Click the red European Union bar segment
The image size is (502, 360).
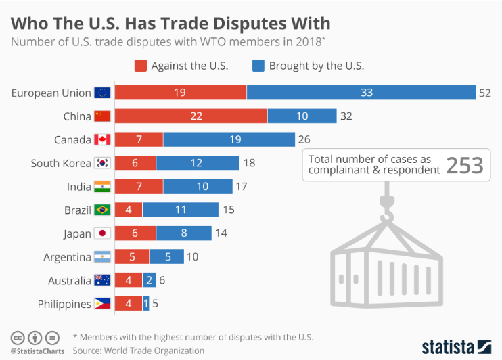tap(180, 93)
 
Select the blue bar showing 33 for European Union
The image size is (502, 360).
tap(361, 93)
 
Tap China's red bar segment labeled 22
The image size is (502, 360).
tap(191, 116)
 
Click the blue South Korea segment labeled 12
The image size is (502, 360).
tap(198, 163)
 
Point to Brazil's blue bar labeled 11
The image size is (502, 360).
tap(180, 210)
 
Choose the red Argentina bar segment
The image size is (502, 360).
tap(131, 257)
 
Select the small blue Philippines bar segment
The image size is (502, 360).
tap(146, 304)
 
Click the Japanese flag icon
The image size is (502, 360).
tap(103, 233)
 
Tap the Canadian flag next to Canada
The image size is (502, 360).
tap(103, 140)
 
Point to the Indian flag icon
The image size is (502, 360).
tap(103, 187)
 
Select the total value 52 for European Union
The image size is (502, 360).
tap(484, 93)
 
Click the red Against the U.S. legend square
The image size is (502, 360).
tap(141, 66)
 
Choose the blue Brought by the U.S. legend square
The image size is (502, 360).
tap(258, 66)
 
